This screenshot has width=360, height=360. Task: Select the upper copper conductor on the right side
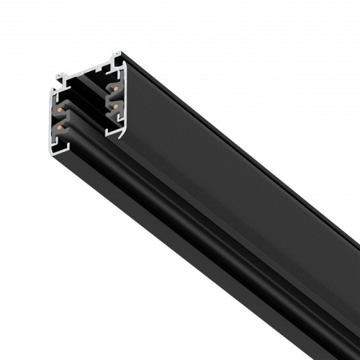[116, 89]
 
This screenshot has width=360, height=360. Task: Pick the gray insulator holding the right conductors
[111, 99]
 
